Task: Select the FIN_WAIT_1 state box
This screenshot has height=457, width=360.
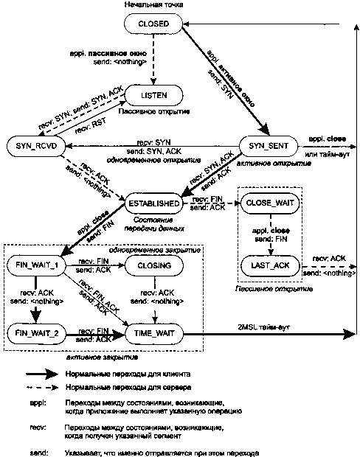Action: click(x=35, y=263)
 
